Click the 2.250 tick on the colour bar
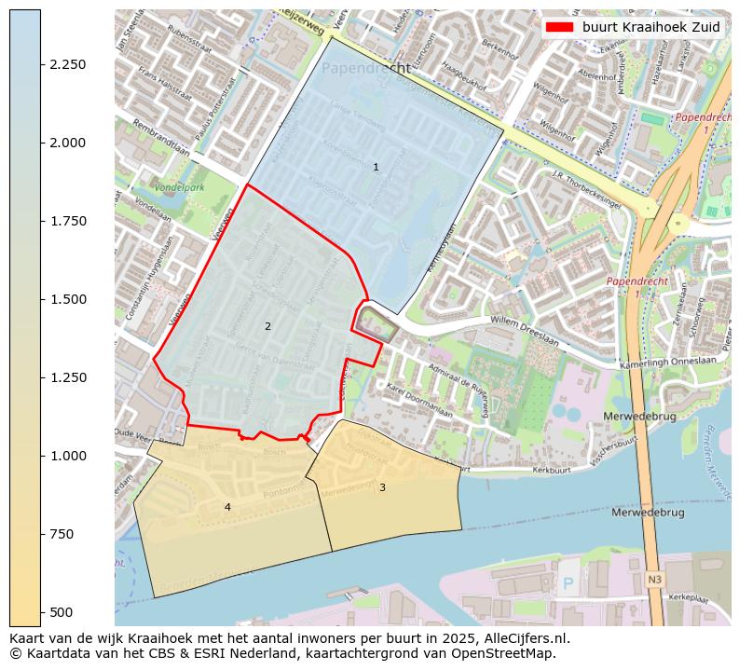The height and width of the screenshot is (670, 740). pyautogui.click(x=68, y=64)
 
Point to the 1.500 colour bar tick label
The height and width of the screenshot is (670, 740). pyautogui.click(x=68, y=299)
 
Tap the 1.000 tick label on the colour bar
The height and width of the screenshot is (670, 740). pyautogui.click(x=68, y=456)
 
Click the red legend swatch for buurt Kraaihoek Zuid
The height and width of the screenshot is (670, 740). pyautogui.click(x=559, y=27)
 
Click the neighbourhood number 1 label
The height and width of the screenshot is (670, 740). pyautogui.click(x=376, y=168)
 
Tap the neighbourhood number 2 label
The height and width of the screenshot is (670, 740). pyautogui.click(x=267, y=326)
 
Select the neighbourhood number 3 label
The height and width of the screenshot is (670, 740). pyautogui.click(x=382, y=487)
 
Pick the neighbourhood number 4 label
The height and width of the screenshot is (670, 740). pyautogui.click(x=227, y=507)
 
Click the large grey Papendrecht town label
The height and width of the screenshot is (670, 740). pyautogui.click(x=365, y=69)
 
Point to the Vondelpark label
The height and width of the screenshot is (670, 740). pyautogui.click(x=180, y=187)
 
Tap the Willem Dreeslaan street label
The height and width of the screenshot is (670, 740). pyautogui.click(x=524, y=332)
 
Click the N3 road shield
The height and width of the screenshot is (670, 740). pyautogui.click(x=654, y=580)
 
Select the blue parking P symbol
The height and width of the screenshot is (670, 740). pyautogui.click(x=569, y=584)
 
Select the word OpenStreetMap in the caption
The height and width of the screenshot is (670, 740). pyautogui.click(x=509, y=653)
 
